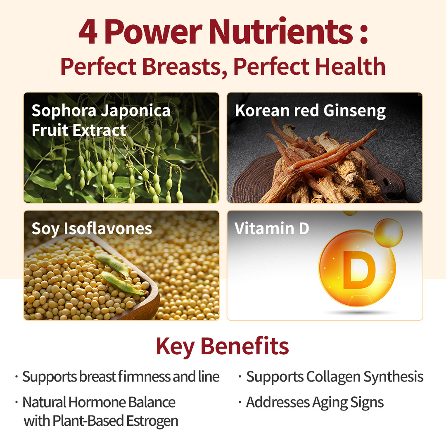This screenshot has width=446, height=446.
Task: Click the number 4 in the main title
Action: (x=88, y=31)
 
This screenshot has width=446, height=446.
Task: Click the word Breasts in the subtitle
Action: (x=182, y=67)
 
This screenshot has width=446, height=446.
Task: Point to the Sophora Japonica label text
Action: (x=101, y=110)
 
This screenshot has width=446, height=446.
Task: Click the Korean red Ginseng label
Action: (x=310, y=111)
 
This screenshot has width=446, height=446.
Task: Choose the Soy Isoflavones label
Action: (x=92, y=228)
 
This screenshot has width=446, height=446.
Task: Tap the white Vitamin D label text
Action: (x=272, y=228)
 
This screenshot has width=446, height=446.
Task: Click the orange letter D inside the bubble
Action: (x=359, y=270)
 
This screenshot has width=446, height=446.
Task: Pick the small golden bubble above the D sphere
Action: (x=388, y=233)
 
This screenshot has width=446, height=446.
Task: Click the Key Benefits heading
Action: (x=223, y=347)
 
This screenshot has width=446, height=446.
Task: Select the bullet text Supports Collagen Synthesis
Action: (x=335, y=377)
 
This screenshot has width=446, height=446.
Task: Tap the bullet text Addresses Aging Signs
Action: (x=315, y=403)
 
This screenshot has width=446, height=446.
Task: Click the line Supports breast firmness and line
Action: (x=121, y=377)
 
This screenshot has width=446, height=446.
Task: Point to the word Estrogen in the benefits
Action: (x=152, y=421)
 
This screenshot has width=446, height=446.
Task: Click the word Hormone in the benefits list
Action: (x=97, y=403)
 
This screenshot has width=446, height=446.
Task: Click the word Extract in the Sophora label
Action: (x=99, y=130)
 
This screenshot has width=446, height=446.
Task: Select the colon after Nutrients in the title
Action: (x=364, y=35)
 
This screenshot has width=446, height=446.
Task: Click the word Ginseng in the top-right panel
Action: (x=355, y=111)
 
